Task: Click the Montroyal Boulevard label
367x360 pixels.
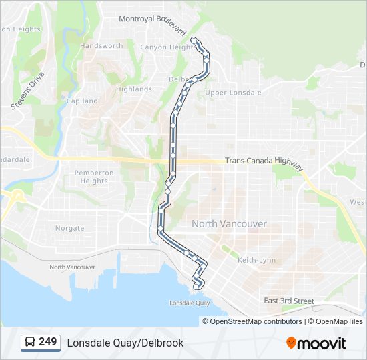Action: coord(152,21)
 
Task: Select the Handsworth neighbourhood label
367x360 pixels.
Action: coord(101,46)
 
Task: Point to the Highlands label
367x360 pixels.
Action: coord(133,89)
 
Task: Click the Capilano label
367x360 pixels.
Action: coord(82,101)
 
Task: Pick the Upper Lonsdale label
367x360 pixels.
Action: coord(233,93)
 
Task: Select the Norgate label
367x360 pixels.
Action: coord(69,228)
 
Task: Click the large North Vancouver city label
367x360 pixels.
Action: coord(229,224)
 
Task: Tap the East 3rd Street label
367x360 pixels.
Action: coord(288,301)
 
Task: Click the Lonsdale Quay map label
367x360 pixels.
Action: coord(190,303)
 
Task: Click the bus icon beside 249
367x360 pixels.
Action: coord(31,343)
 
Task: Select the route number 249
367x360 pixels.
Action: coord(48,342)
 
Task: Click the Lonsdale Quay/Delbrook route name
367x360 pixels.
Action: coord(125,343)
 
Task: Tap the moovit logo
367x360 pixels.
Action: coord(316,343)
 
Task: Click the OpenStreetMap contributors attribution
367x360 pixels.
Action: coord(256,321)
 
